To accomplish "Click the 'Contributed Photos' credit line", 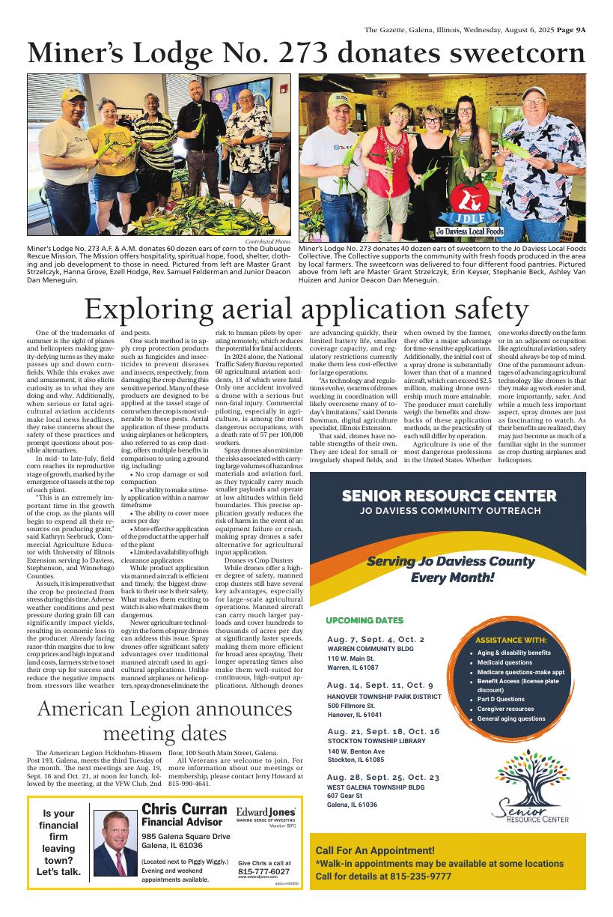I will [x=268, y=242].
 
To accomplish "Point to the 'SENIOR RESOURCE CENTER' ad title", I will [x=448, y=496].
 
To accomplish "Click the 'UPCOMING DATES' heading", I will [x=365, y=620].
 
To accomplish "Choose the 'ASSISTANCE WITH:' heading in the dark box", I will [x=510, y=641].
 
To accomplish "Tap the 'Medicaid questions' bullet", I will [x=505, y=662].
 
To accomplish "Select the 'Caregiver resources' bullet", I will [x=506, y=709].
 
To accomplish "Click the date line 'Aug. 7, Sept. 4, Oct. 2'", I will [x=376, y=639].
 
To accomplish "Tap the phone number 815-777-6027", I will [x=263, y=871].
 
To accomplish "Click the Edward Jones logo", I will [x=266, y=812].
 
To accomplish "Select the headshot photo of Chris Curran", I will [x=115, y=844].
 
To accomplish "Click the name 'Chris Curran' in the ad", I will [x=184, y=810].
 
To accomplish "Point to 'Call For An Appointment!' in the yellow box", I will [x=375, y=850].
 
